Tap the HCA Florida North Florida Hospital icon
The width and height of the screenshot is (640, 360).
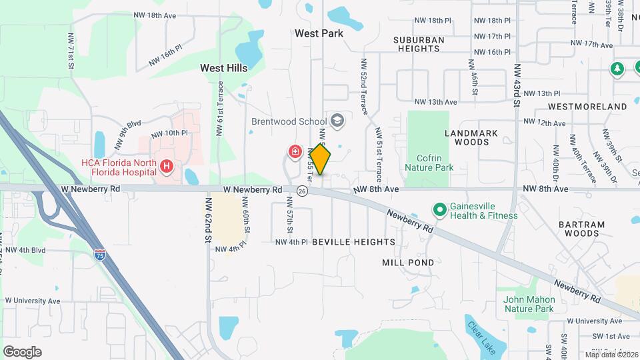point(167,165)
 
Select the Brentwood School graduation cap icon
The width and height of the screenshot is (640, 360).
point(337,121)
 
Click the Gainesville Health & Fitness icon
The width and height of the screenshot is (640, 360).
point(439,211)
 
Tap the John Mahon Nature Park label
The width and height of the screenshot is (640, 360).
point(529,304)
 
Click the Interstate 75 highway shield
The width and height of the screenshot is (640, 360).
point(100,254)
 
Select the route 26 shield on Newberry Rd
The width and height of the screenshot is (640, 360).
point(303,191)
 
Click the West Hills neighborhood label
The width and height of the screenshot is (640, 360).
point(224,68)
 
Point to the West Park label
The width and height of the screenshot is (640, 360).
point(319,33)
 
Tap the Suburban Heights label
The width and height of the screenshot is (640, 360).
point(419,44)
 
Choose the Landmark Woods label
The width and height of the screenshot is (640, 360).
point(471,137)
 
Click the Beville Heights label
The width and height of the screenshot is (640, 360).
point(353,242)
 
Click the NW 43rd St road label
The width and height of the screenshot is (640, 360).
point(516,85)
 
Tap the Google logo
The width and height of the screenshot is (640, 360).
point(22,351)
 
